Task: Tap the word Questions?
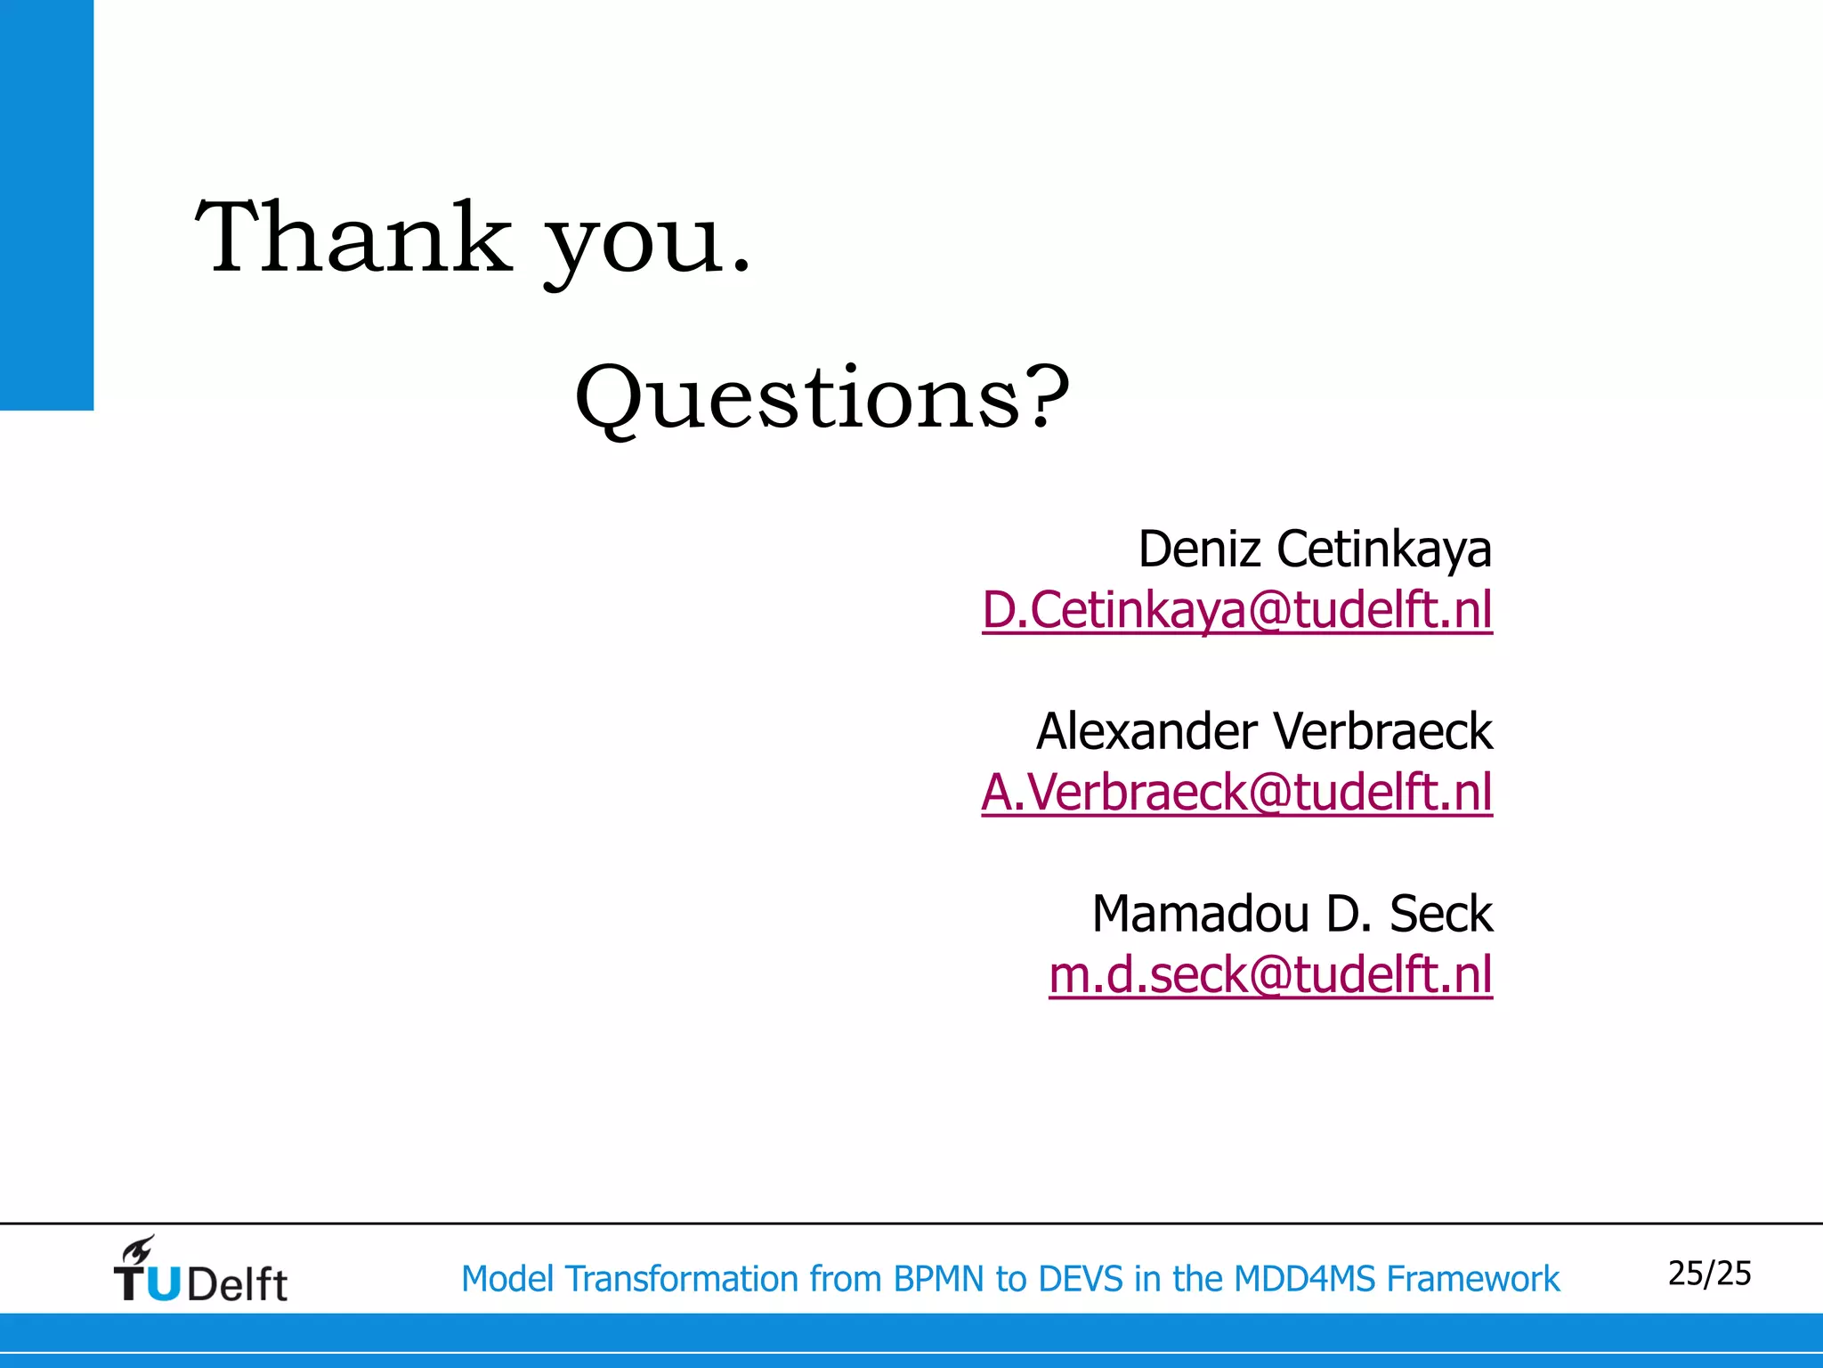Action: coord(822,398)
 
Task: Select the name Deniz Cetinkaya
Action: coord(1314,549)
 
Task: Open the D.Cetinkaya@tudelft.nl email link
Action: coord(1237,611)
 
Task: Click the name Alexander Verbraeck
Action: coord(1264,732)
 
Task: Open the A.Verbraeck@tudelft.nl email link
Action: coord(1237,793)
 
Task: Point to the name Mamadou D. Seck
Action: coord(1292,914)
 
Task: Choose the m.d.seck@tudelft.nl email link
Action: coord(1270,975)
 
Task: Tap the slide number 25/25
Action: coord(1709,1274)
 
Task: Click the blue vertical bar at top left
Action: coord(46,205)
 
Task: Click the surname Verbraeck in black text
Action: coord(1382,732)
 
